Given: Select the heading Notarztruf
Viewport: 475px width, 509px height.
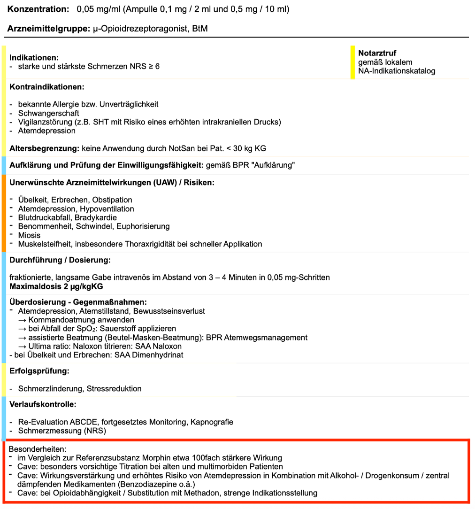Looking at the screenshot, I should point(377,53).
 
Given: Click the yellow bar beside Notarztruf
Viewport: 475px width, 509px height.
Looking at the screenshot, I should point(352,62).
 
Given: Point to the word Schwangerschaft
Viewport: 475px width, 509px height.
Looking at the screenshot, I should point(48,113).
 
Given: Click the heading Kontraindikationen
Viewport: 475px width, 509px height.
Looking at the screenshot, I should point(46,87).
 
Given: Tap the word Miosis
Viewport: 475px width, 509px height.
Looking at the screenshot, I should point(29,235).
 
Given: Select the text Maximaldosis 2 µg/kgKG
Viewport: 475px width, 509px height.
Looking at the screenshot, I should point(56,286).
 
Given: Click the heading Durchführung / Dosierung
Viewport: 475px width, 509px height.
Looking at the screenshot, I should point(60,260).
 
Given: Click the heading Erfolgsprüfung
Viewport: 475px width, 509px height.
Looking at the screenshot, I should point(39,371).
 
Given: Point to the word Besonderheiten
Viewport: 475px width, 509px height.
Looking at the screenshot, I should point(38,449).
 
